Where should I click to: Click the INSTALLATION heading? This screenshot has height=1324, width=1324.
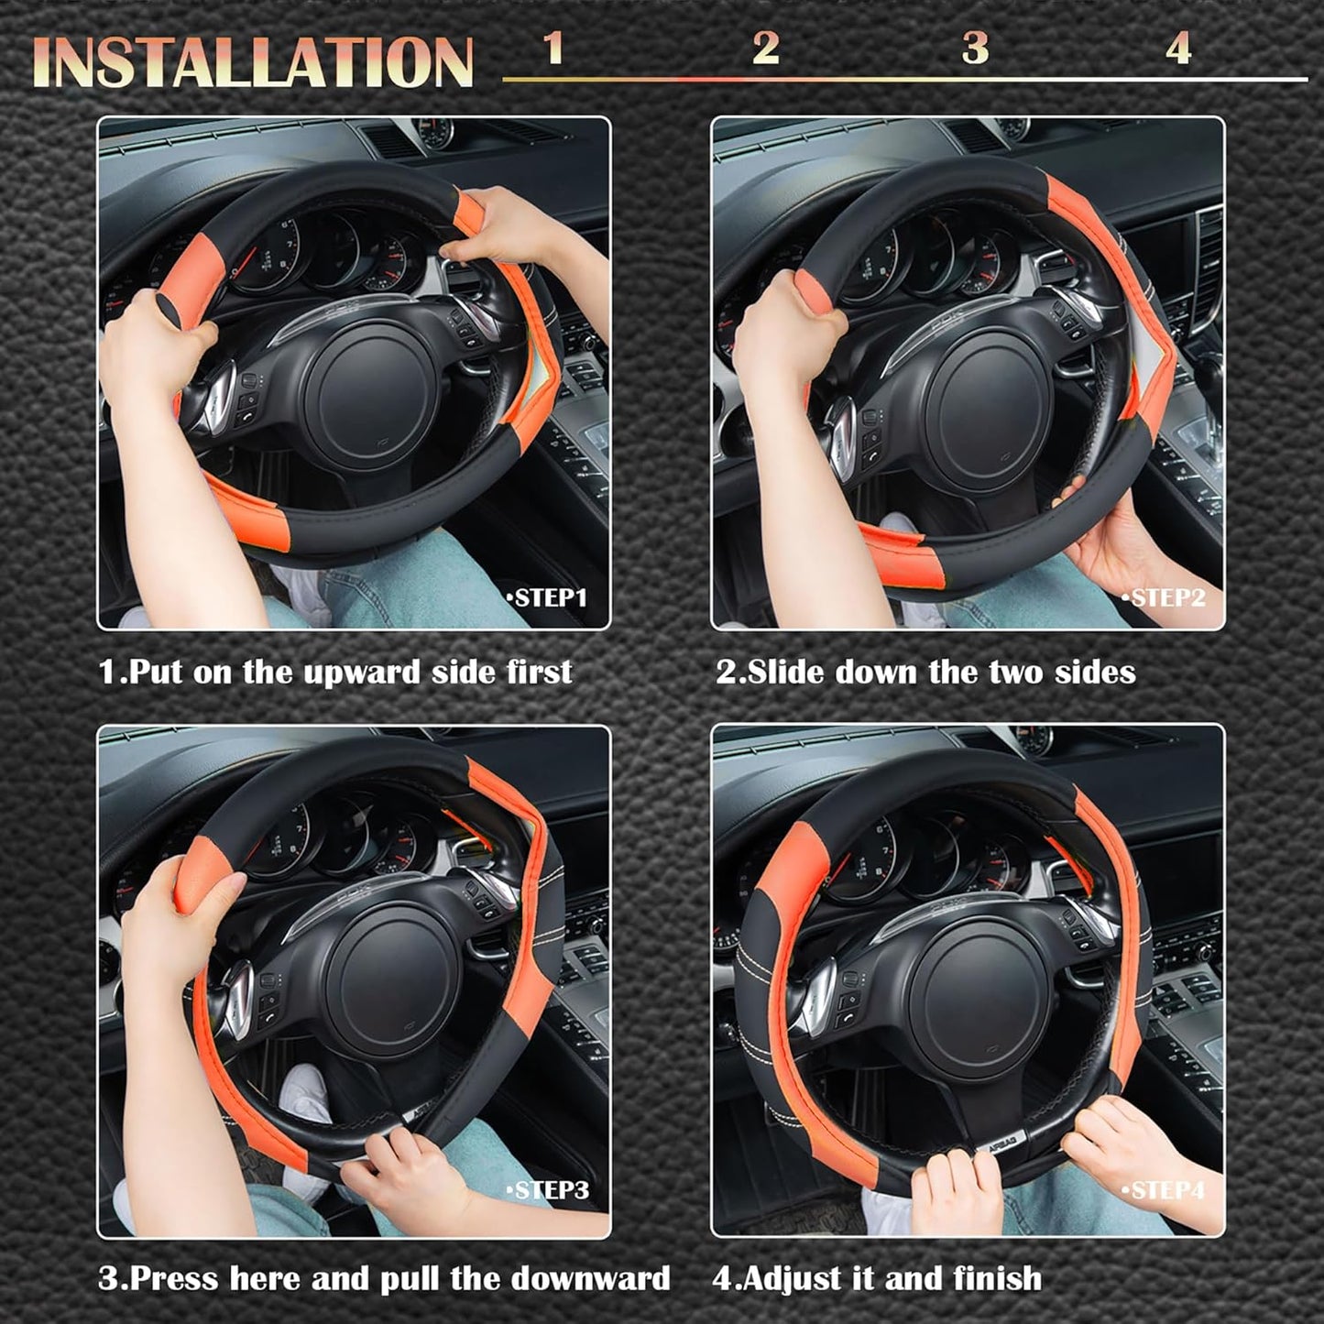(253, 62)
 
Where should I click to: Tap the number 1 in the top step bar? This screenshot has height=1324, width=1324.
(553, 49)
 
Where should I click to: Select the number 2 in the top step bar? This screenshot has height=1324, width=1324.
(765, 49)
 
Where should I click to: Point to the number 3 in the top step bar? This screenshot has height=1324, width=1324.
(975, 49)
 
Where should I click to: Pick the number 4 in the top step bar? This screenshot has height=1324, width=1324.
(1178, 49)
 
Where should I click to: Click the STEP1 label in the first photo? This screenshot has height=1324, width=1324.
(547, 598)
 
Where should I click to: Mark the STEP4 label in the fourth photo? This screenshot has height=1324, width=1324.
(1164, 1190)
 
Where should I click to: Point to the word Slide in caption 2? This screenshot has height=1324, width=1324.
(787, 673)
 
